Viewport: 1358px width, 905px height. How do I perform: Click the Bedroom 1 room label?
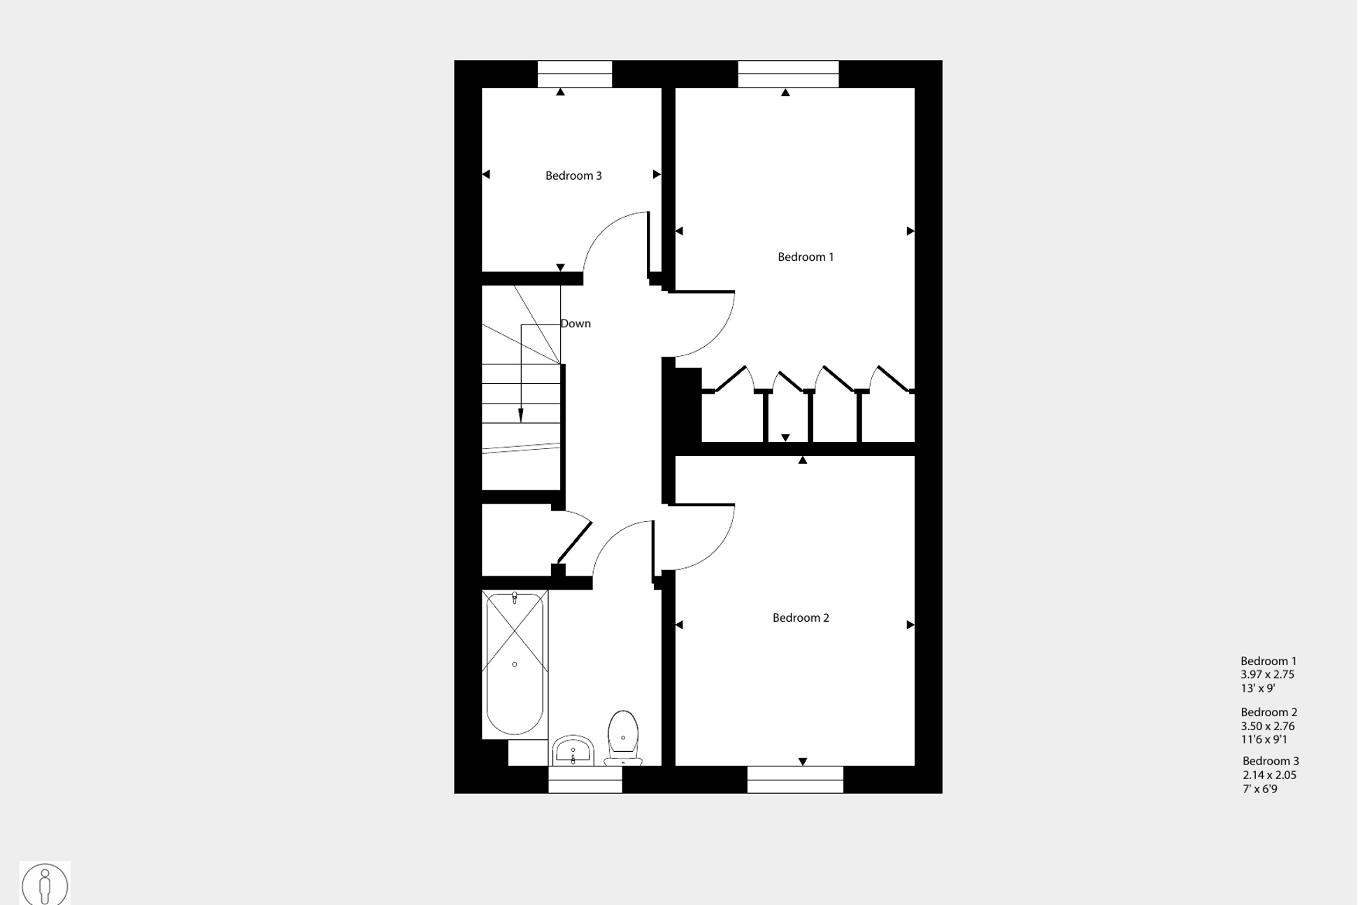point(805,257)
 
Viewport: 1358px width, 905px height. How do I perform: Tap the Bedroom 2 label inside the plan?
point(800,618)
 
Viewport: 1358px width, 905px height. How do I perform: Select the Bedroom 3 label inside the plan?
point(573,176)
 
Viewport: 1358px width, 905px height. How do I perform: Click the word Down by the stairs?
point(576,324)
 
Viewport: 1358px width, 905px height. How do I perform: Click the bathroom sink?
point(573,752)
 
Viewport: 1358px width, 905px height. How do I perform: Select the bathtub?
point(515,664)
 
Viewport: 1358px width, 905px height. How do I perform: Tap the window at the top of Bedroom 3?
point(574,74)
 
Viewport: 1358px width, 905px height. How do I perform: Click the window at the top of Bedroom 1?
point(788,74)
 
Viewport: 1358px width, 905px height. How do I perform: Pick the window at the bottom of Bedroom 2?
point(795,779)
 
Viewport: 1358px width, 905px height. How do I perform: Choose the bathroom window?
point(585,779)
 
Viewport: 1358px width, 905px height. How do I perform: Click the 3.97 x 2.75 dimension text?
point(1267,675)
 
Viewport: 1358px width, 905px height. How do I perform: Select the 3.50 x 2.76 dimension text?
point(1267,727)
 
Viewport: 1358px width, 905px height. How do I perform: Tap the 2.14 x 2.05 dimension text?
point(1269,776)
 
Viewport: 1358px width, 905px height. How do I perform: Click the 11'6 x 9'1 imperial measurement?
point(1264,740)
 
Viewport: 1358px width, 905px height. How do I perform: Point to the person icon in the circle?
point(45,885)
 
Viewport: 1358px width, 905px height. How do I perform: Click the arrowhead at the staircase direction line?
point(520,415)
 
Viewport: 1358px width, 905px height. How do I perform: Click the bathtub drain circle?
point(515,664)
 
